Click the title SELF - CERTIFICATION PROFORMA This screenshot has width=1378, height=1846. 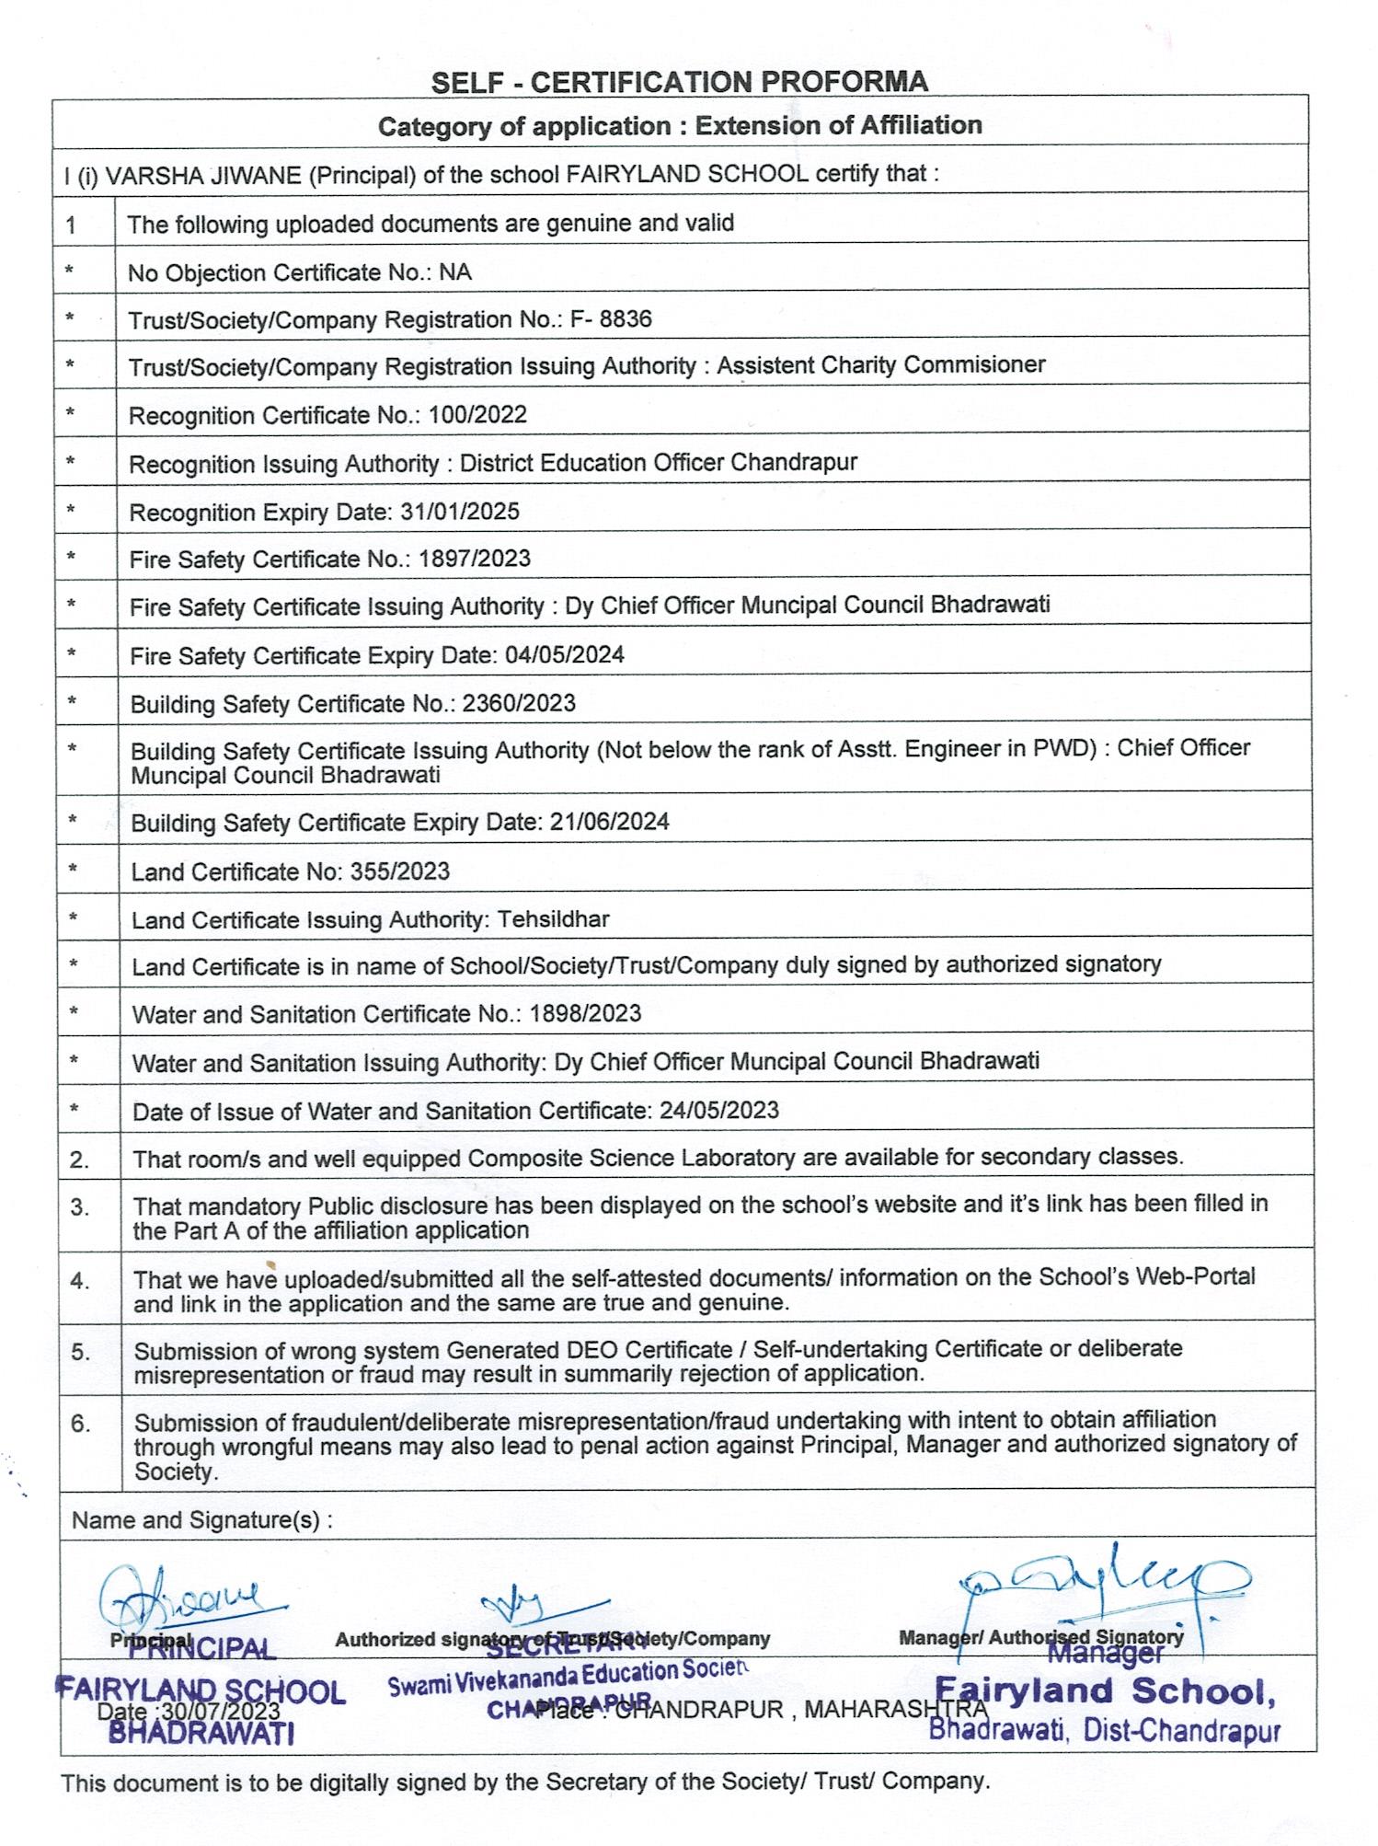pyautogui.click(x=680, y=82)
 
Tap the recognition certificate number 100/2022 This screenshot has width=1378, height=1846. pyautogui.click(x=477, y=414)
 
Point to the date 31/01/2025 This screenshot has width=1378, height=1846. pyautogui.click(x=460, y=511)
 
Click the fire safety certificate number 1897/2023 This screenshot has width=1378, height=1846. pyautogui.click(x=474, y=559)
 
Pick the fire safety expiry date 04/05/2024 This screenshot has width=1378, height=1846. pyautogui.click(x=565, y=654)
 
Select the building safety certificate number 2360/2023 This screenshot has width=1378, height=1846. pyautogui.click(x=519, y=703)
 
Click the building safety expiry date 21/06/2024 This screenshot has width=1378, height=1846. pyautogui.click(x=609, y=821)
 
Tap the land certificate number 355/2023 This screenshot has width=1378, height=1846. pyautogui.click(x=400, y=871)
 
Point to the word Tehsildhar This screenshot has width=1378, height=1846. pyautogui.click(x=554, y=918)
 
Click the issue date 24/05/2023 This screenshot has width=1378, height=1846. pyautogui.click(x=719, y=1110)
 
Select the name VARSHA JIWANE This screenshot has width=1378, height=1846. pyautogui.click(x=203, y=174)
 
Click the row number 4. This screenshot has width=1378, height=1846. pyautogui.click(x=80, y=1280)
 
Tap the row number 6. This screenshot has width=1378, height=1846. pyautogui.click(x=80, y=1424)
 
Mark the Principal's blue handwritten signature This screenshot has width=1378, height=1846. pyautogui.click(x=184, y=1598)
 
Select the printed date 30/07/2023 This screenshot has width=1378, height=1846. pyautogui.click(x=221, y=1711)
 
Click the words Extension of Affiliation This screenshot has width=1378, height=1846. pyautogui.click(x=838, y=125)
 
